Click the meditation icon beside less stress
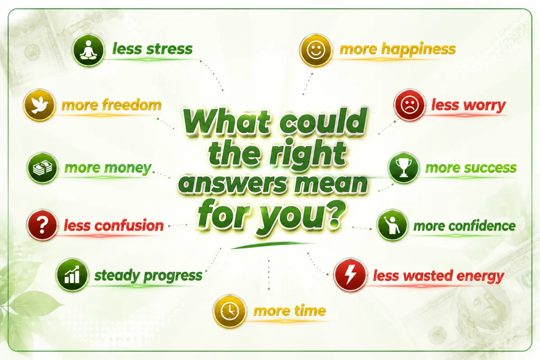(89, 50)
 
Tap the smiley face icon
(315, 50)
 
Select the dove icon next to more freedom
(39, 105)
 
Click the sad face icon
(409, 105)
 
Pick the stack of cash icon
(42, 168)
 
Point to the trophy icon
(404, 168)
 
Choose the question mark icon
(42, 225)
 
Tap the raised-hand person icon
(392, 225)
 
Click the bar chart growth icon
(72, 275)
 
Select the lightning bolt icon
(350, 275)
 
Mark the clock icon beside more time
(229, 311)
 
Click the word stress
(170, 49)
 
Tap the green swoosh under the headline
(272, 245)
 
